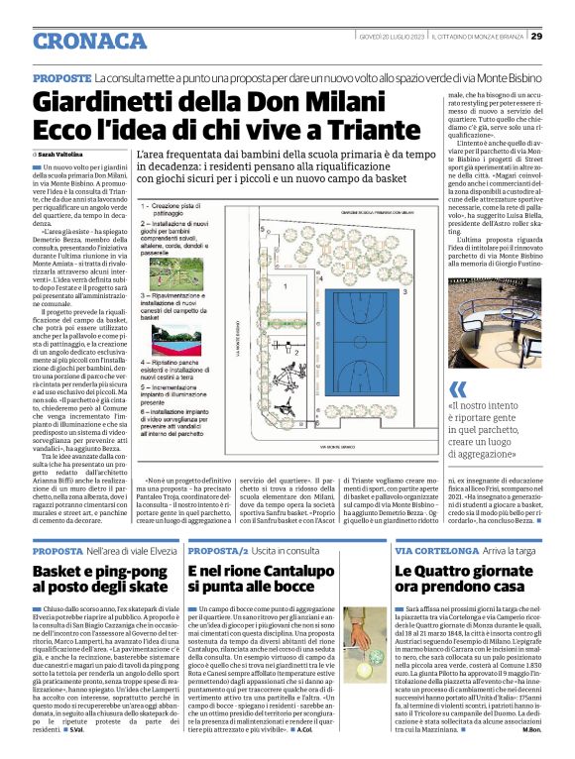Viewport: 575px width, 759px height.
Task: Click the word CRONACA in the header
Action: [89, 41]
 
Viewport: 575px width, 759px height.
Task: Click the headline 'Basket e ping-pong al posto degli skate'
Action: [99, 581]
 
